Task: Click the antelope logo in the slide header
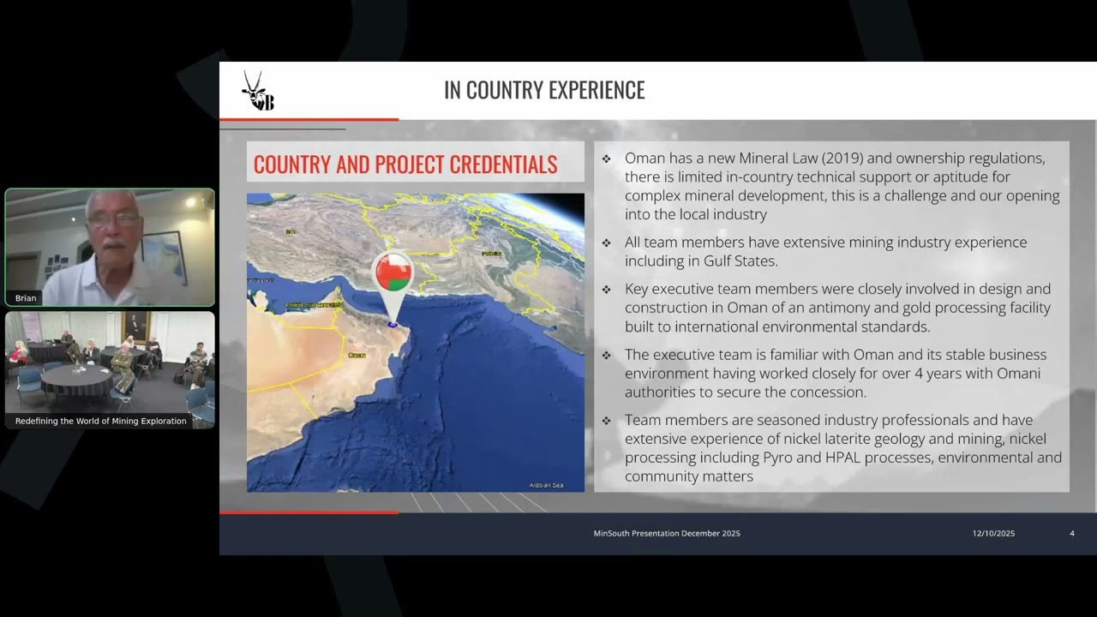tap(256, 90)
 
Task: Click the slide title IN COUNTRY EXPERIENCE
tap(544, 90)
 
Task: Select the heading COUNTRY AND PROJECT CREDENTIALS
tap(405, 165)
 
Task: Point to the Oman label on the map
tap(357, 355)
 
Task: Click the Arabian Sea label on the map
tap(546, 485)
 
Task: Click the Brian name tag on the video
tap(26, 298)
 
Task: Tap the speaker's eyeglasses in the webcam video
tap(114, 220)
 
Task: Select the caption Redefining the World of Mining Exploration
tap(100, 421)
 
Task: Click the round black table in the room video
tap(76, 376)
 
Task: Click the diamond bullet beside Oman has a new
tap(606, 159)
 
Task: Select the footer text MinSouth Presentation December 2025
tap(667, 533)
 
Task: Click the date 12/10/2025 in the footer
tap(993, 533)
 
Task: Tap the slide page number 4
tap(1072, 533)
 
